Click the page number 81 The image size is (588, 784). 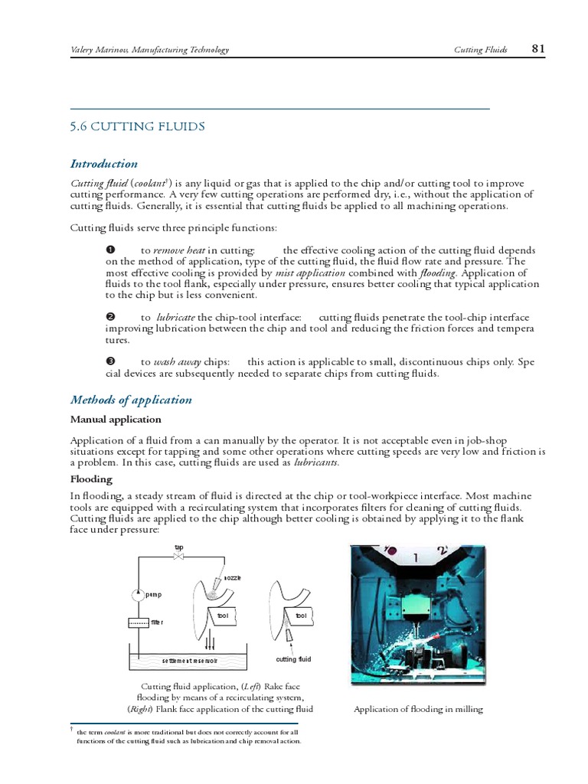coord(537,49)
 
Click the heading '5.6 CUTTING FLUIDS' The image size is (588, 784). coord(137,126)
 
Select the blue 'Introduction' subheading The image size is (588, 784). coord(104,163)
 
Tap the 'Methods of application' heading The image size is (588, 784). coord(131,400)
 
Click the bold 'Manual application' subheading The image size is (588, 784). coord(116,420)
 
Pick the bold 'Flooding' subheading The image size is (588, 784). coord(91,479)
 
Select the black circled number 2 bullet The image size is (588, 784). coord(109,317)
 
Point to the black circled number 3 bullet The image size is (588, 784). coord(109,361)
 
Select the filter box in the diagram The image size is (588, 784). coord(139,622)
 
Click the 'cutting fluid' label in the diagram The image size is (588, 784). coord(293,659)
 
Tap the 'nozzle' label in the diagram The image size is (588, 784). coord(232,577)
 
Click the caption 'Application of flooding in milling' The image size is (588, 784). coord(418,709)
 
